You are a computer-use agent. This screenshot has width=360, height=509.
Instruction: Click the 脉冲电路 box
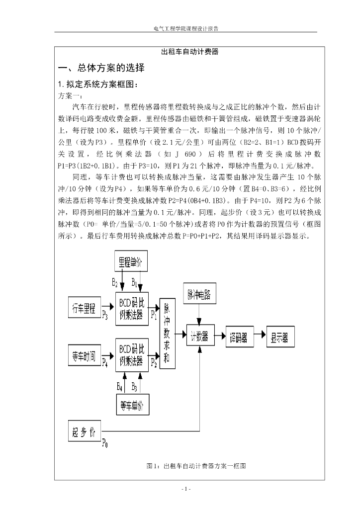199,294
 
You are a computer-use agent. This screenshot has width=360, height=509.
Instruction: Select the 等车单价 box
132,406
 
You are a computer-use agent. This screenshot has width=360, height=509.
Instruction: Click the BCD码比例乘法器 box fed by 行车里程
132,308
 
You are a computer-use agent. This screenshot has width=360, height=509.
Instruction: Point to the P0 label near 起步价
104,443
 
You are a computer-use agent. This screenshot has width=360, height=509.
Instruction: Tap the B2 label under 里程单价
115,283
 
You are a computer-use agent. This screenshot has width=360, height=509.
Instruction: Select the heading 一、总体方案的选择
101,68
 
